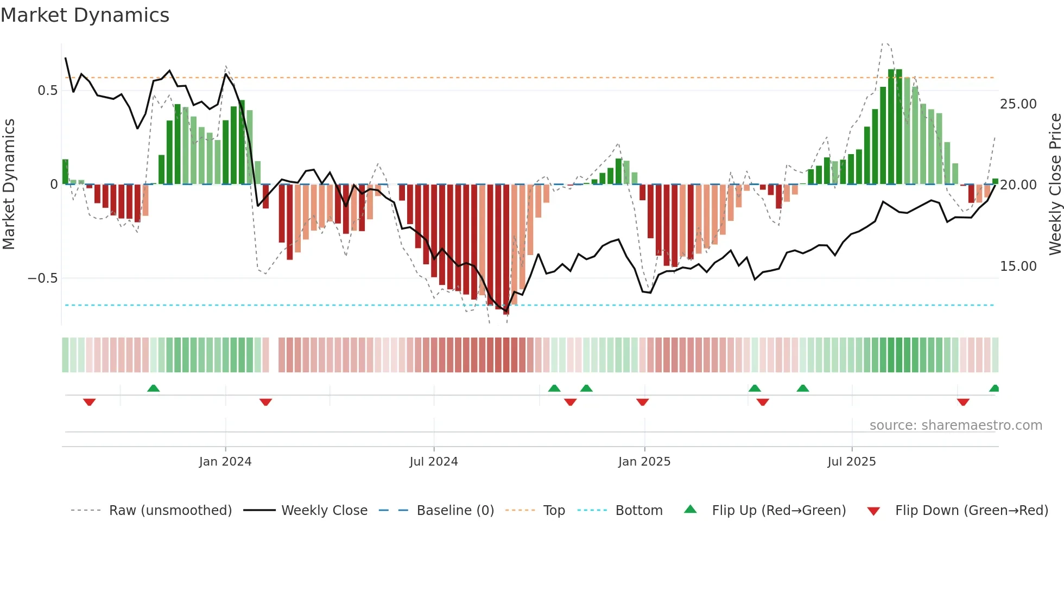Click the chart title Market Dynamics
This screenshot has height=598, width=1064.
[x=85, y=15]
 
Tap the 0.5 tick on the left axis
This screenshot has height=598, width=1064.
[x=48, y=91]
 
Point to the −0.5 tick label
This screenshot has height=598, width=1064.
[x=42, y=278]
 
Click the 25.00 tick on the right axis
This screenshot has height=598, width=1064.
[x=1018, y=104]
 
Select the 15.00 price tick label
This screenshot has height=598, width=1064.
[x=1018, y=266]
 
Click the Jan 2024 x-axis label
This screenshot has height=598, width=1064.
[x=225, y=462]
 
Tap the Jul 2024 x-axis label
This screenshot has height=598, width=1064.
[x=434, y=462]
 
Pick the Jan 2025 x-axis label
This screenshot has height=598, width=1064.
[x=644, y=462]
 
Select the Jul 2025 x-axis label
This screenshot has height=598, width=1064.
[x=852, y=462]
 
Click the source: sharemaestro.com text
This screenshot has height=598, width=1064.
[x=955, y=425]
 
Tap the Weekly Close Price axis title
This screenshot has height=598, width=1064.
[x=1055, y=185]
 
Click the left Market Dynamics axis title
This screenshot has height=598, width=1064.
[x=9, y=185]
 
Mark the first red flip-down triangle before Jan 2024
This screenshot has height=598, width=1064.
[x=90, y=402]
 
